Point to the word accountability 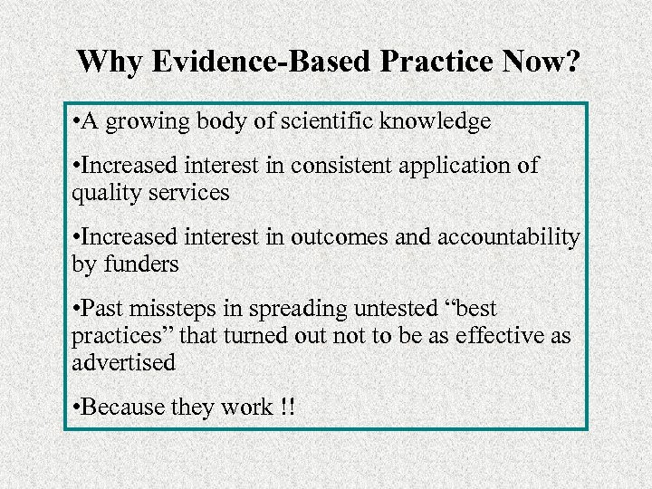pyautogui.click(x=508, y=238)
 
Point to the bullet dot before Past pyautogui.click(x=75, y=310)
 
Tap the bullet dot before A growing pyautogui.click(x=75, y=121)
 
